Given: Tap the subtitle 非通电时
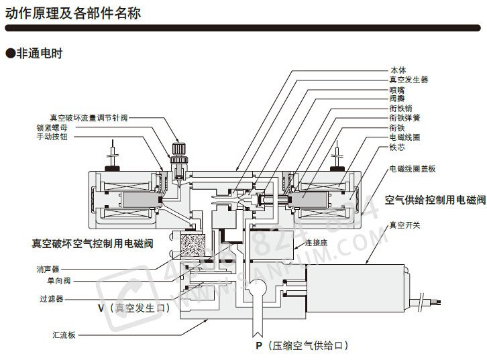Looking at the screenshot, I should pos(38,53).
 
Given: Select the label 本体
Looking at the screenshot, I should pos(398,70).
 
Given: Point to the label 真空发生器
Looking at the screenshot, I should pos(409,79).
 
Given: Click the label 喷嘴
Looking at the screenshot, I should pos(398,89).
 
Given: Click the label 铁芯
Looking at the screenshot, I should pos(398,146).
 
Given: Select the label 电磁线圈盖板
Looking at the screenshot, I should pos(412,169).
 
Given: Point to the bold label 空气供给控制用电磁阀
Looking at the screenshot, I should pos(435,200).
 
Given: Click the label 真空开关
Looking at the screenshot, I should pos(404,225).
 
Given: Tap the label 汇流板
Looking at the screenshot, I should pos(64,335).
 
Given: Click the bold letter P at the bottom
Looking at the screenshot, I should pos(258,346).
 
